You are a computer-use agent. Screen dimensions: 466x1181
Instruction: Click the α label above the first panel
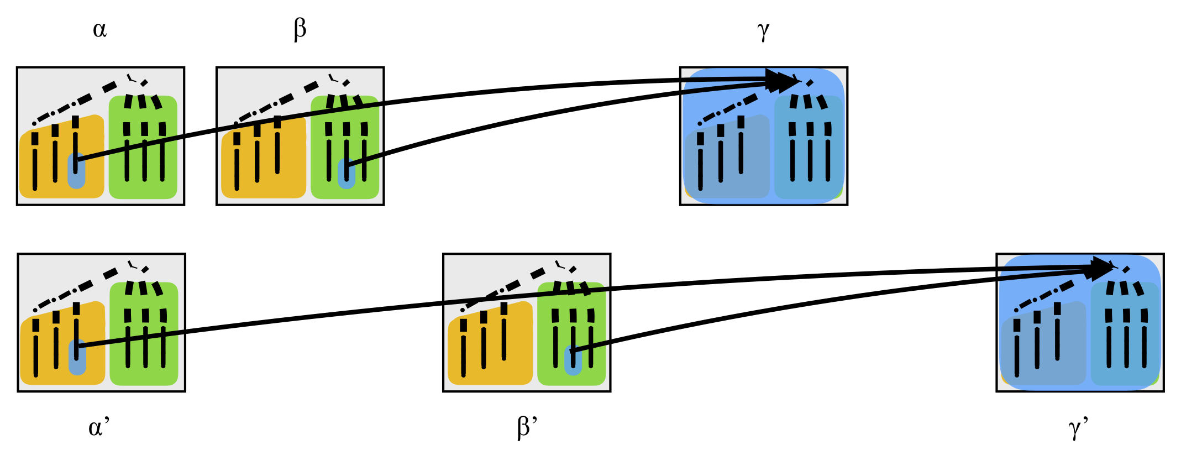point(99,29)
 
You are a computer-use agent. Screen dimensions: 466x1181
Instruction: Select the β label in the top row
point(300,29)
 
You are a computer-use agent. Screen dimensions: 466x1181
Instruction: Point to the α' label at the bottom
point(98,427)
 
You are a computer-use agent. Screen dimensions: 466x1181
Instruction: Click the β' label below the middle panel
point(527,427)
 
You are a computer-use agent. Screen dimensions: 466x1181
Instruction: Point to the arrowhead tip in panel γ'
point(1112,269)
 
